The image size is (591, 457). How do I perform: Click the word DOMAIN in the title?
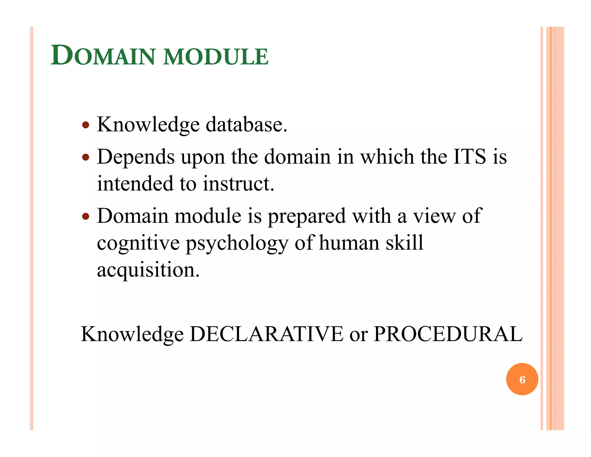tap(103, 55)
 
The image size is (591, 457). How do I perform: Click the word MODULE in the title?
tap(216, 57)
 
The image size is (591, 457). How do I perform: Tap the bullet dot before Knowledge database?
tap(86, 125)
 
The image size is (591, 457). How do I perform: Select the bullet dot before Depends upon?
tap(86, 157)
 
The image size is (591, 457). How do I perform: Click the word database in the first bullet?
tap(246, 125)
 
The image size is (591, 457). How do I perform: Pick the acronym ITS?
tap(470, 157)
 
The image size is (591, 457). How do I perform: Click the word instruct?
tap(238, 184)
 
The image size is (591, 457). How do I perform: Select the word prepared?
tap(307, 217)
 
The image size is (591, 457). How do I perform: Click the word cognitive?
tap(138, 243)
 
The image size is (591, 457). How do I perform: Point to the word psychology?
tap(237, 243)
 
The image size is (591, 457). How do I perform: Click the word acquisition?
tap(148, 270)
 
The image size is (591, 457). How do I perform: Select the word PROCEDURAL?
tap(448, 334)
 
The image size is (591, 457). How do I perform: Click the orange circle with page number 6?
tap(522, 379)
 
